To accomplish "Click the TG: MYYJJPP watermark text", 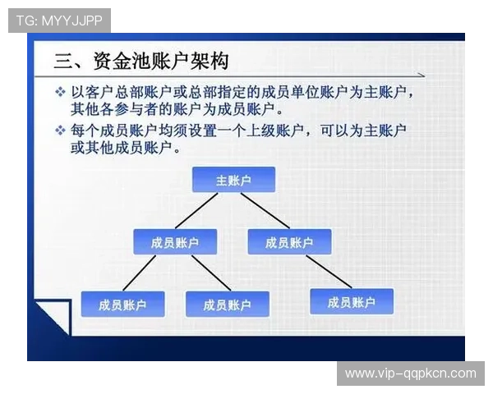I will click(x=59, y=20).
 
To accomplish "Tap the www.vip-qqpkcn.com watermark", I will click(x=410, y=373).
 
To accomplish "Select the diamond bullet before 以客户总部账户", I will click(x=60, y=91).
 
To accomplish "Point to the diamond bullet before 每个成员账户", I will click(x=60, y=131).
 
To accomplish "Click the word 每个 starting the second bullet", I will click(x=84, y=131).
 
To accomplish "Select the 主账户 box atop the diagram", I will click(x=233, y=180).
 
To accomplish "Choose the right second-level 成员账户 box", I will click(x=288, y=241).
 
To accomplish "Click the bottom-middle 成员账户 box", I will click(x=227, y=305).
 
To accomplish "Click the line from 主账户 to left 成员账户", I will click(x=198, y=211).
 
